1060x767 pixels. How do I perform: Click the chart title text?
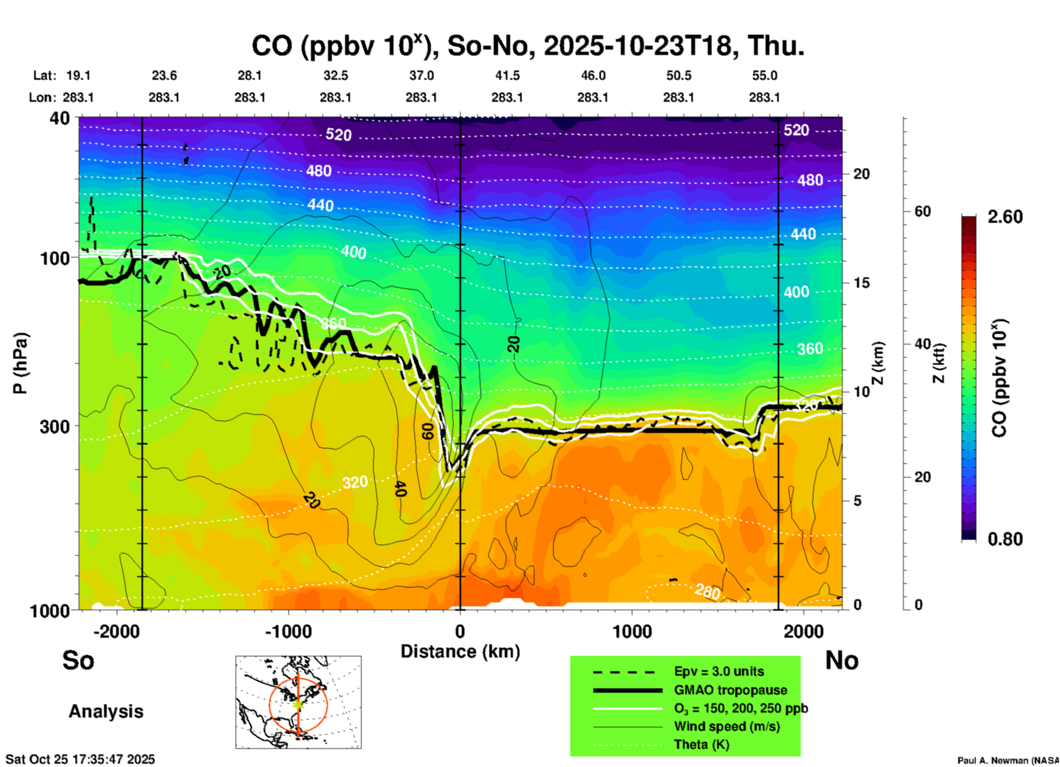pyautogui.click(x=527, y=46)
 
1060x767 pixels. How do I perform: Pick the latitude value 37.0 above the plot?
pyautogui.click(x=421, y=75)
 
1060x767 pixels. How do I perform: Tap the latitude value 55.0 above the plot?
pyautogui.click(x=764, y=75)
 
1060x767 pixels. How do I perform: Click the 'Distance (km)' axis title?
pyautogui.click(x=460, y=651)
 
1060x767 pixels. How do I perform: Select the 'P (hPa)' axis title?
pyautogui.click(x=20, y=363)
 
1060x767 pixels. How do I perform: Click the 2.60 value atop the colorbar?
pyautogui.click(x=1005, y=217)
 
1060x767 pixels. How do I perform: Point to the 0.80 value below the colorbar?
pyautogui.click(x=1005, y=539)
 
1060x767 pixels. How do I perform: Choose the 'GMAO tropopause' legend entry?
pyautogui.click(x=730, y=690)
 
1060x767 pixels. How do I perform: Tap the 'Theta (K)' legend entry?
pyautogui.click(x=701, y=744)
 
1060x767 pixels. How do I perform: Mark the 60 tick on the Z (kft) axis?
pyautogui.click(x=922, y=211)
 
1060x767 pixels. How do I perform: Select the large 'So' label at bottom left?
pyautogui.click(x=78, y=660)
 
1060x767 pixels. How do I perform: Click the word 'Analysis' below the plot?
pyautogui.click(x=106, y=711)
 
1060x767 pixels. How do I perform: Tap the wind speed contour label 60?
pyautogui.click(x=428, y=431)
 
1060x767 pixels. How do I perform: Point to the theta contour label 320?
pyautogui.click(x=354, y=483)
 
